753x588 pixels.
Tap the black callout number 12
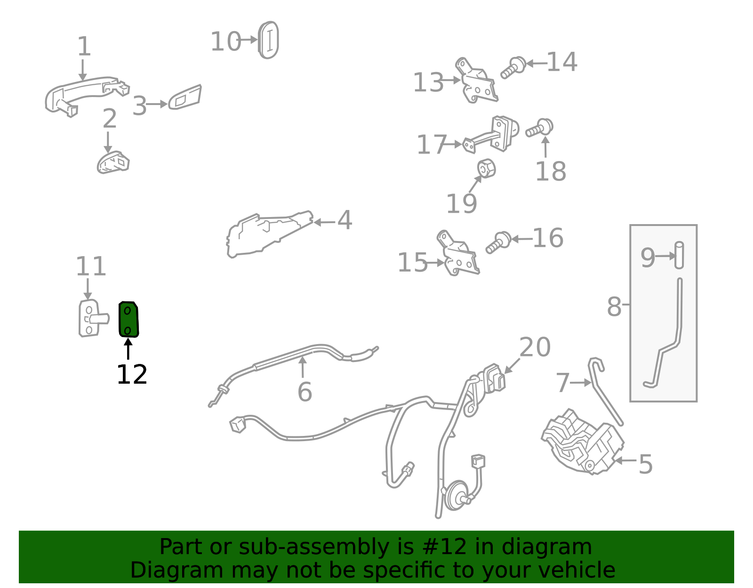(132, 375)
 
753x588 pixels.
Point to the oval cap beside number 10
(269, 40)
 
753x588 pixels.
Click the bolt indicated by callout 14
(513, 68)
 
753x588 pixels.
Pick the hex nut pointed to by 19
(487, 169)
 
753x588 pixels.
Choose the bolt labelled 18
(539, 128)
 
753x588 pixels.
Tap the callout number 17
(432, 145)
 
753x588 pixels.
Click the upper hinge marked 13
(478, 81)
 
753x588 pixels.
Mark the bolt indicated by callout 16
(498, 242)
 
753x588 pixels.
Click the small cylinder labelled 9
(679, 255)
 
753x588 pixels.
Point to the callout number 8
(614, 307)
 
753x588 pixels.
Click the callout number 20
(535, 347)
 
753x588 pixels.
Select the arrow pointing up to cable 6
(303, 367)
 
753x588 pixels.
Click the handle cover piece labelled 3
(184, 97)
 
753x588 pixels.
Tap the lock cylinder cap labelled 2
(113, 162)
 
